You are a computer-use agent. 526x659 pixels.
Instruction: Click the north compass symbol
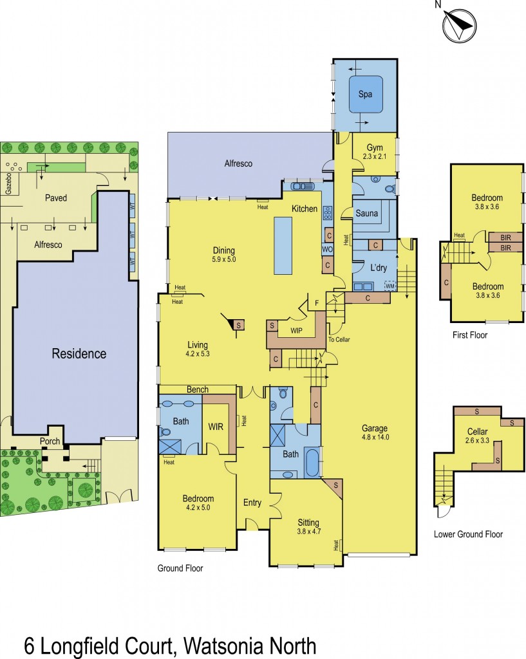click(x=459, y=25)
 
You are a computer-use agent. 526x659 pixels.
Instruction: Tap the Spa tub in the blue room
click(x=366, y=94)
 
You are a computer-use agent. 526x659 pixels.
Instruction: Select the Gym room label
click(x=375, y=147)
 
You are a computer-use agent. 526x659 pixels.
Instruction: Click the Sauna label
click(x=366, y=213)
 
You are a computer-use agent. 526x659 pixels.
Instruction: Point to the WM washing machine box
click(x=390, y=286)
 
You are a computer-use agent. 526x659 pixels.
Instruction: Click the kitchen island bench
click(x=283, y=245)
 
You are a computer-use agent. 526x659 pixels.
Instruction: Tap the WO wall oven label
click(x=327, y=249)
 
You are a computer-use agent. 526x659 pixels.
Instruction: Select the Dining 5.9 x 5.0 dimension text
click(x=224, y=259)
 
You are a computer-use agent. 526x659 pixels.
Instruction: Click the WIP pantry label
click(x=296, y=331)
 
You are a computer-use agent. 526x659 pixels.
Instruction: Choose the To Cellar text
click(x=339, y=339)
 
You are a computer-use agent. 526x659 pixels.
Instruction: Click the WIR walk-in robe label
click(x=216, y=427)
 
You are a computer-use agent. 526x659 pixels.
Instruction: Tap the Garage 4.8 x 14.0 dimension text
click(x=375, y=437)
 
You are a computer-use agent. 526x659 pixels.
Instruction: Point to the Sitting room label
click(x=308, y=523)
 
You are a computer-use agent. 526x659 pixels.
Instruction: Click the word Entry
click(x=252, y=503)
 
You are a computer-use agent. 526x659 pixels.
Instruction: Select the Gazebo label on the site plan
click(x=8, y=183)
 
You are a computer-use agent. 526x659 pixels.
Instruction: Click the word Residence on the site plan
click(x=79, y=353)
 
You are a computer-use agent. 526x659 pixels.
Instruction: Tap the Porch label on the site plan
click(x=50, y=441)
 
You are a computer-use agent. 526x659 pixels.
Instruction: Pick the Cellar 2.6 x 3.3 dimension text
click(x=477, y=441)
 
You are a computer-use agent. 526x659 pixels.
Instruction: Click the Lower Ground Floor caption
click(x=469, y=534)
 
